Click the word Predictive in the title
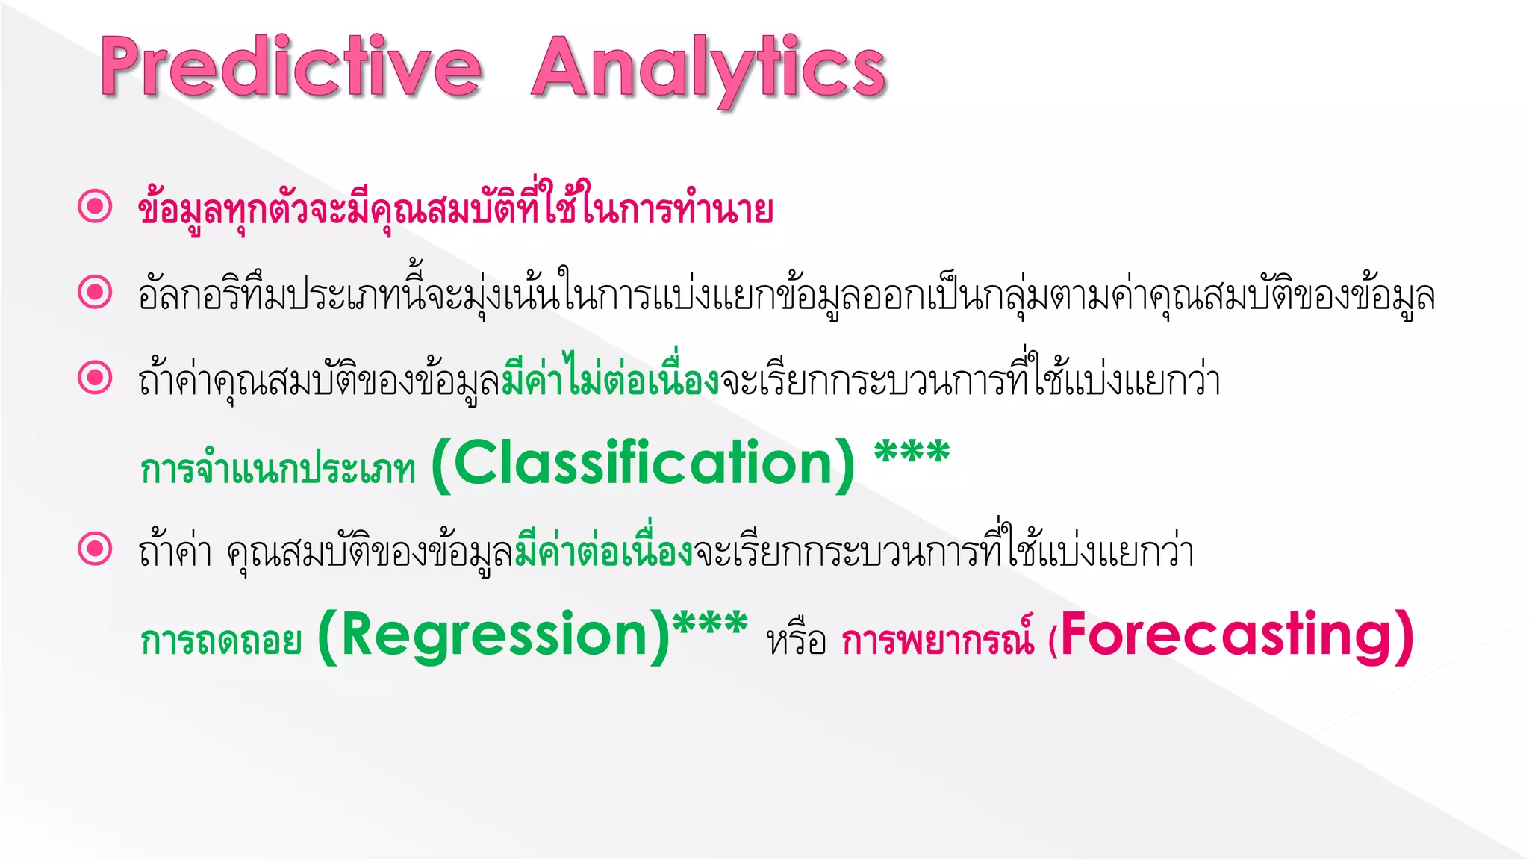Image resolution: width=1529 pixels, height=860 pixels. click(291, 67)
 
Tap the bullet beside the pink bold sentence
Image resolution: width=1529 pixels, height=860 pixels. click(95, 206)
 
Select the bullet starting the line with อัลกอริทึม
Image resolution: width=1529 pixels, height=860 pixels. click(95, 292)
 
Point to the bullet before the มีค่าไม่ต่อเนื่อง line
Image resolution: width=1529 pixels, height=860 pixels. click(95, 378)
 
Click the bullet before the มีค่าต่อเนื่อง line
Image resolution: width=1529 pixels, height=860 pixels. click(95, 549)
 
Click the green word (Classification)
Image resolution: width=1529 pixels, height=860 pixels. click(644, 464)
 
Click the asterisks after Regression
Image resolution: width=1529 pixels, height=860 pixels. click(709, 624)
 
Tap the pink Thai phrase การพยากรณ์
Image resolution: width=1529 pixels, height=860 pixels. click(938, 641)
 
